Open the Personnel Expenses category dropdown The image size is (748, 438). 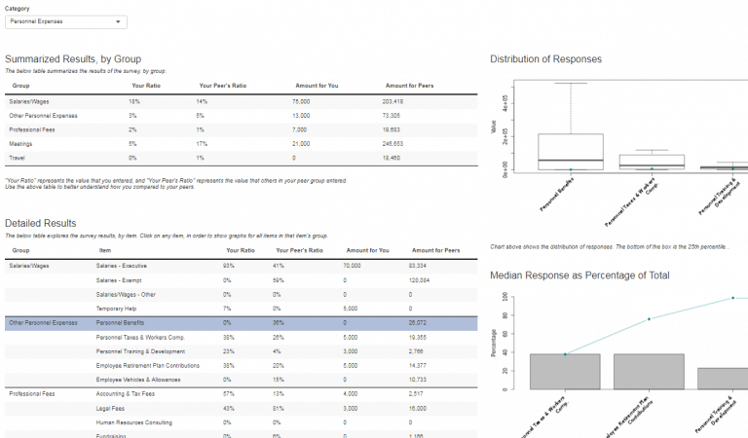click(65, 20)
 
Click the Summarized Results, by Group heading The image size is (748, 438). click(74, 59)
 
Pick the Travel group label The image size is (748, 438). click(18, 158)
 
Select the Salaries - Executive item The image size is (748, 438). click(122, 265)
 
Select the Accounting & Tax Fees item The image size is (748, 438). click(127, 393)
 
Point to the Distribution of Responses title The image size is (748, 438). click(545, 59)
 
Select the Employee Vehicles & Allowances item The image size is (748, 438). click(138, 379)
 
